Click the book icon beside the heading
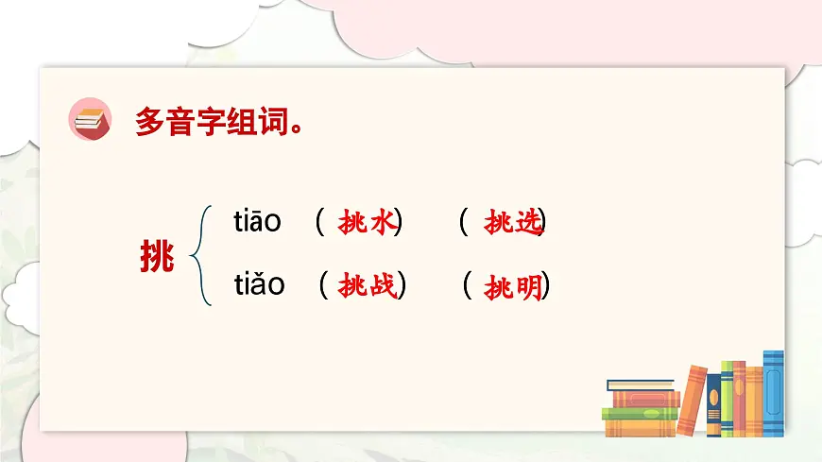click(91, 120)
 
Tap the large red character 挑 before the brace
click(156, 254)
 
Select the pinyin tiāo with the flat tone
click(257, 222)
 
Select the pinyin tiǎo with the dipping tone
click(259, 284)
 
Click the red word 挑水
click(366, 223)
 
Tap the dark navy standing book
click(713, 406)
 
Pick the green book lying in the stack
click(640, 414)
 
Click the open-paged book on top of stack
click(641, 385)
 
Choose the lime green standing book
click(728, 399)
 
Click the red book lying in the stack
click(645, 400)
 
